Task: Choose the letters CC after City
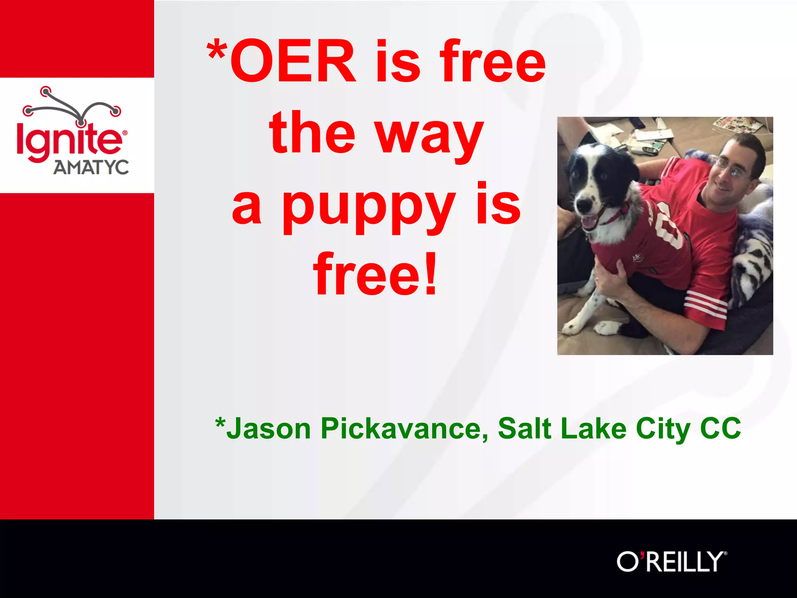point(720,428)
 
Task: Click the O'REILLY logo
point(671,561)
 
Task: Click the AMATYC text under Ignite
point(91,167)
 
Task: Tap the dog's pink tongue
point(588,223)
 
